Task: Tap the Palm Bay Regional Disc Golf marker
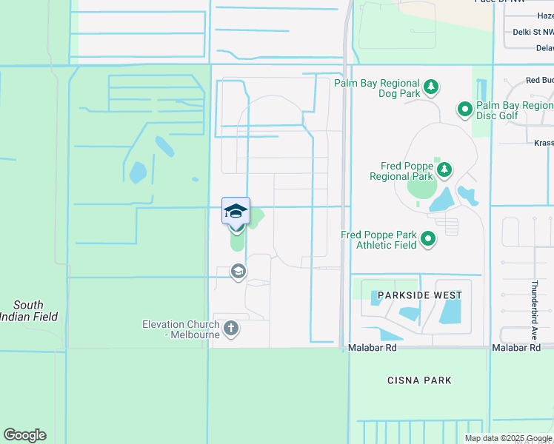(465, 110)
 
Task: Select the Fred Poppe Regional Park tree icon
(444, 171)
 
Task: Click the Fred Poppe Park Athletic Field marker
(428, 239)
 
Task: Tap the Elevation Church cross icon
(230, 328)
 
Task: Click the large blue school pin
(236, 212)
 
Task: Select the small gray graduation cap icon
(238, 272)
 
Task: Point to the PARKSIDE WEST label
(419, 295)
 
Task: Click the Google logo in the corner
(24, 435)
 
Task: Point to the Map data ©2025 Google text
(507, 438)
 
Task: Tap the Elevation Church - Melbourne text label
(181, 329)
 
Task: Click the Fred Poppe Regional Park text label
(401, 172)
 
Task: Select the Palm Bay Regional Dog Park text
(377, 89)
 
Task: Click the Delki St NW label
(533, 32)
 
